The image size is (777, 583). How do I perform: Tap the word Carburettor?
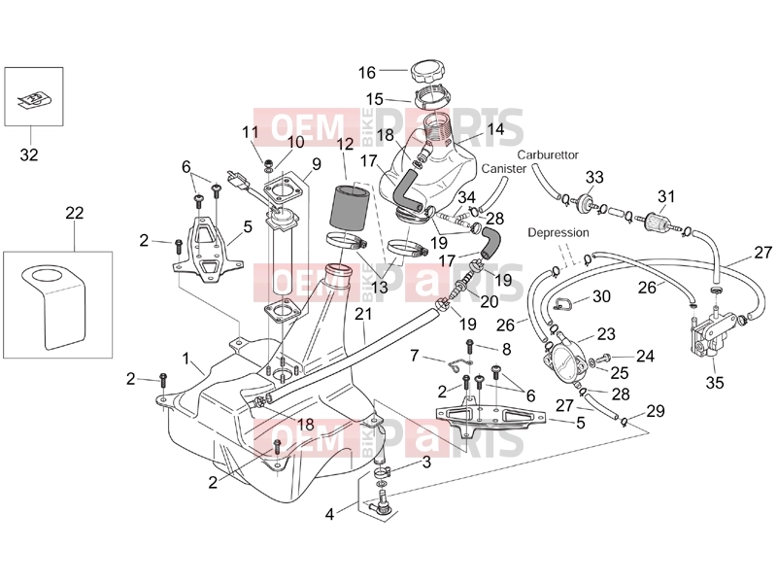[548, 155]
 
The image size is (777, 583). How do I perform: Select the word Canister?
[503, 169]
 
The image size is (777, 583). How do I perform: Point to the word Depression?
[557, 232]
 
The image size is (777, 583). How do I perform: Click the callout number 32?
[29, 154]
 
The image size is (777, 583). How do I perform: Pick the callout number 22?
[75, 213]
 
